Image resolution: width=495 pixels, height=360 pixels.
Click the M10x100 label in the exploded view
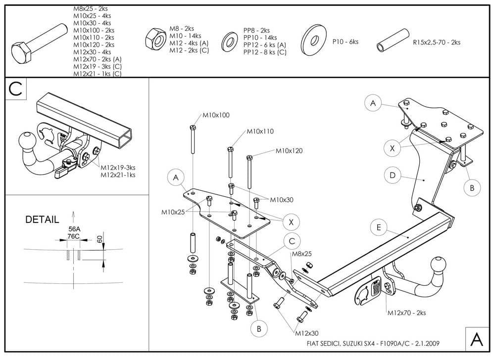[x=216, y=115]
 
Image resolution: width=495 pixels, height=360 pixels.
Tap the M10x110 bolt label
[x=260, y=132]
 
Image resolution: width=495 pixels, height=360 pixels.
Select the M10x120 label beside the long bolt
[x=289, y=150]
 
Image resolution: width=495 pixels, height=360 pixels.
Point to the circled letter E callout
[x=379, y=227]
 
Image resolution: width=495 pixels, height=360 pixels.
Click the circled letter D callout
[x=392, y=175]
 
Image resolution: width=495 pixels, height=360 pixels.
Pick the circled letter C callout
[x=292, y=241]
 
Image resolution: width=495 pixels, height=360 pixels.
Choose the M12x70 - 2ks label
[x=406, y=313]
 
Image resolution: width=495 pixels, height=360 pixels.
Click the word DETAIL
[x=42, y=219]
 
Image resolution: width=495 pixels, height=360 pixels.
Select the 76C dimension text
[x=73, y=236]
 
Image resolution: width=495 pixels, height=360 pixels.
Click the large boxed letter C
[x=16, y=89]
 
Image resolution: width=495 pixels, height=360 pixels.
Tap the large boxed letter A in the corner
[x=476, y=339]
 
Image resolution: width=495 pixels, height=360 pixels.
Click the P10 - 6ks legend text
[x=346, y=42]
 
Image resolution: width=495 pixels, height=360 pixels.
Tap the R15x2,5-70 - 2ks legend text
[x=437, y=43]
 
